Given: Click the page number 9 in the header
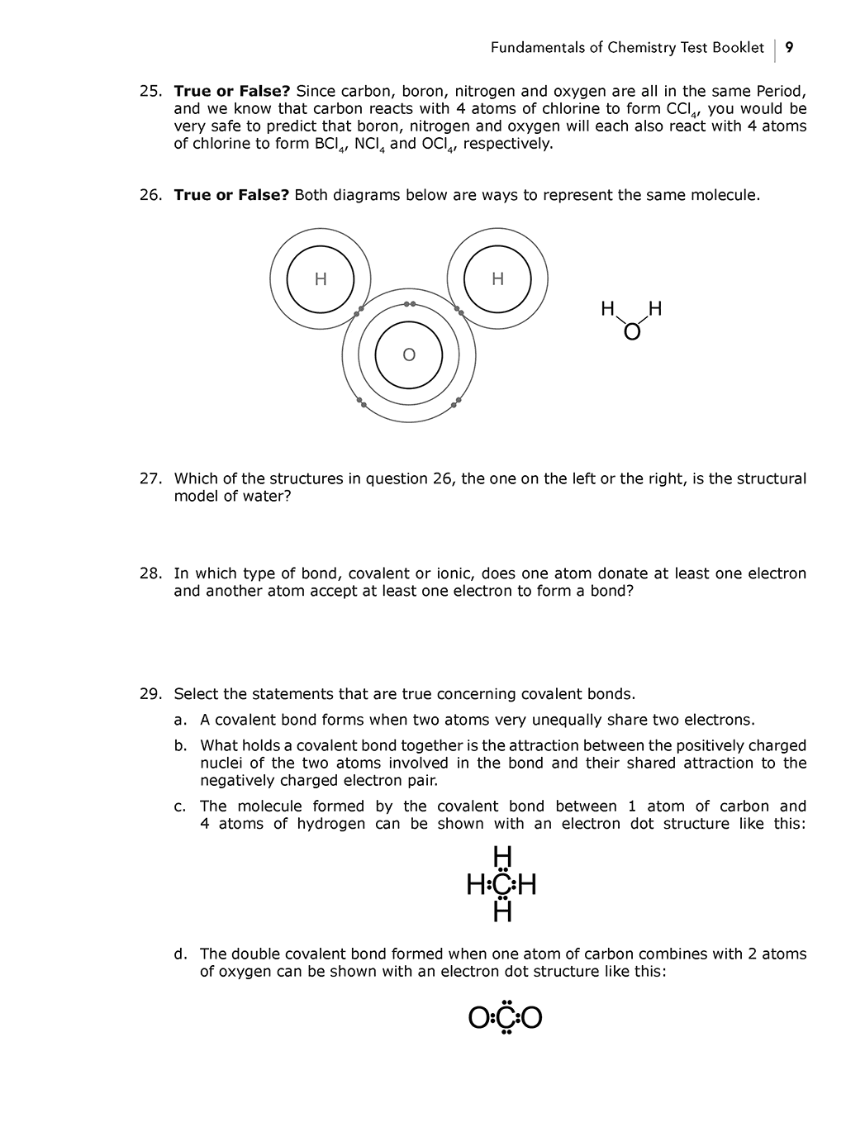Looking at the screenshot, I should click(790, 48).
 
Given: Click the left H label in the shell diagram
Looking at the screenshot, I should click(321, 279).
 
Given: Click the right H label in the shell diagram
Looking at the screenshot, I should click(497, 279).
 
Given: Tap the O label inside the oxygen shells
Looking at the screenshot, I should click(409, 355).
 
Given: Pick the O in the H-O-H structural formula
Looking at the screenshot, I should click(632, 332).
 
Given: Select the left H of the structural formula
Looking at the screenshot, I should click(607, 310).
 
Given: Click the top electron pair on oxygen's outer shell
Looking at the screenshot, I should click(409, 304).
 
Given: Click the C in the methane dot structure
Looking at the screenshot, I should click(502, 886).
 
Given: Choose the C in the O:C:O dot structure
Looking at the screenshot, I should click(505, 1018).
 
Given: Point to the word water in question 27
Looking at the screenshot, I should click(263, 497).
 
